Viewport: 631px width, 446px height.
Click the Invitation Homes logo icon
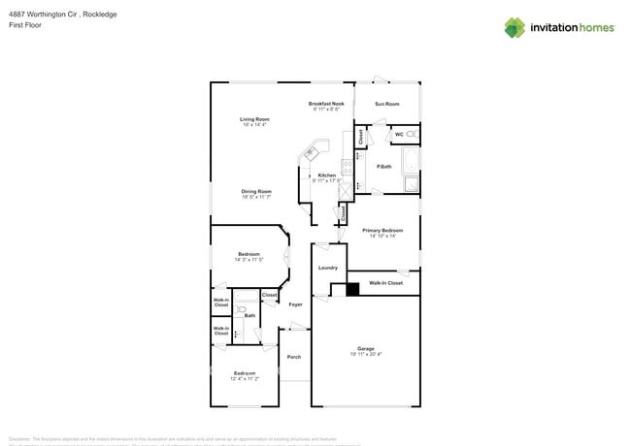(515, 27)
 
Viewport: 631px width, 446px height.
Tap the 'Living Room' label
(254, 119)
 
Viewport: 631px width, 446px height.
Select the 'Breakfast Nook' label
(326, 104)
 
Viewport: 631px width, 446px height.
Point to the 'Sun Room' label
(387, 104)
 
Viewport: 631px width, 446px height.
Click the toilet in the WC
(412, 134)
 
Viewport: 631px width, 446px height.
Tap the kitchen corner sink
(313, 152)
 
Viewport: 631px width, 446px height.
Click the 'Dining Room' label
(256, 191)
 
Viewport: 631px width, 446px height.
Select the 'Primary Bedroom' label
(383, 230)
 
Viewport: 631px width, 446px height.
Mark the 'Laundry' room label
(327, 268)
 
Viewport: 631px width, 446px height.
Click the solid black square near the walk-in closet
(352, 288)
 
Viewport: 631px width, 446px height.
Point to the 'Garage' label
(365, 348)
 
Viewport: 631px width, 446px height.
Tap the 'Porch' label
(293, 357)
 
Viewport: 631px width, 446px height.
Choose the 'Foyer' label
(295, 304)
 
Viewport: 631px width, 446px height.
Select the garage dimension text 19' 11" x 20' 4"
(365, 355)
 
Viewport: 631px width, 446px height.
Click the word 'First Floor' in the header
(24, 25)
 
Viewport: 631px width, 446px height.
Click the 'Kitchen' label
(327, 175)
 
